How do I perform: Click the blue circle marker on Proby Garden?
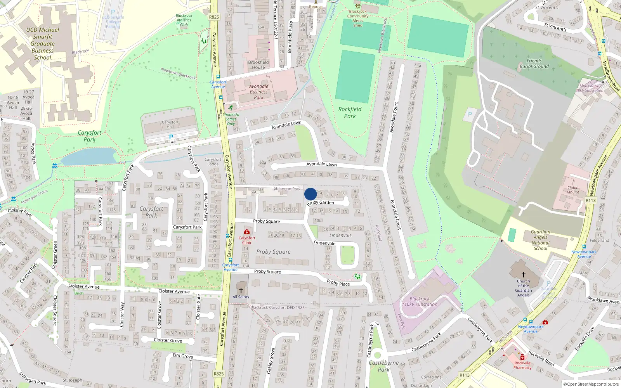(310, 194)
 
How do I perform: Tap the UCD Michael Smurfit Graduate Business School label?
(43, 43)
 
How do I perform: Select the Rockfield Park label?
(350, 113)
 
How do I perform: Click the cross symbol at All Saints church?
(241, 290)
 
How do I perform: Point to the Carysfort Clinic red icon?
(247, 232)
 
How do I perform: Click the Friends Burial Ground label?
(534, 64)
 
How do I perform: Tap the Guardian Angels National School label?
(540, 240)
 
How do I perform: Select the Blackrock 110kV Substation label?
(420, 302)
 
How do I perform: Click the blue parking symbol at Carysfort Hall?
(171, 137)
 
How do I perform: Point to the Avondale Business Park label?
(258, 92)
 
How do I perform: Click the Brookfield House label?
(258, 64)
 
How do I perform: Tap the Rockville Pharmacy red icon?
(522, 357)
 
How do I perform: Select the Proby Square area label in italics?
(273, 252)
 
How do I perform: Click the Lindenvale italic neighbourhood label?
(340, 235)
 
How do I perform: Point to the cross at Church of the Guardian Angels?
(523, 274)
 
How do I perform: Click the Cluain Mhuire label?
(573, 190)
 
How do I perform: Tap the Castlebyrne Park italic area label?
(383, 366)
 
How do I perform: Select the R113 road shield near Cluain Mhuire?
(590, 200)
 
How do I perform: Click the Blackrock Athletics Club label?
(184, 20)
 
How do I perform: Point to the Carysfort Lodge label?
(213, 161)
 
